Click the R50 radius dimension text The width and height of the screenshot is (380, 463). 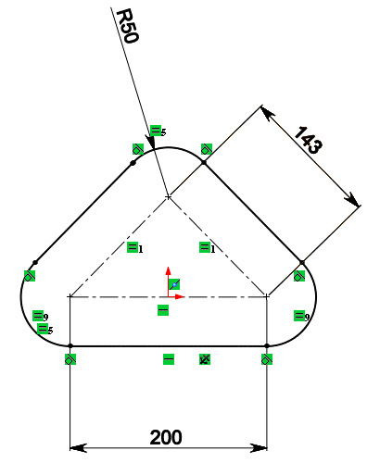point(129,26)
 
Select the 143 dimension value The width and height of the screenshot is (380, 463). point(309,140)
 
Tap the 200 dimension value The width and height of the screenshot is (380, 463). point(166,437)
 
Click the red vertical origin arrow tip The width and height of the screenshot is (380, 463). point(168,268)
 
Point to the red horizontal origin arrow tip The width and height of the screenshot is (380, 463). point(184,297)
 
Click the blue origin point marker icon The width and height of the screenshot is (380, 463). point(174,284)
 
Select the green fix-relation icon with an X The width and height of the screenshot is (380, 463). point(205,359)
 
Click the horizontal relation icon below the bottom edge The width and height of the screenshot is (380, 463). point(169,359)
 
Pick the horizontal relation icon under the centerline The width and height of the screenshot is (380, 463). point(163,310)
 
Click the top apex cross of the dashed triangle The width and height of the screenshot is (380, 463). point(168,196)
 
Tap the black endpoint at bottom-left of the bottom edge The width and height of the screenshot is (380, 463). point(70,345)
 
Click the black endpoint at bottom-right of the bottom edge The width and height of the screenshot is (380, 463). point(267,345)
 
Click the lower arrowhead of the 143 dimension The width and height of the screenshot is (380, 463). point(353,199)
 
